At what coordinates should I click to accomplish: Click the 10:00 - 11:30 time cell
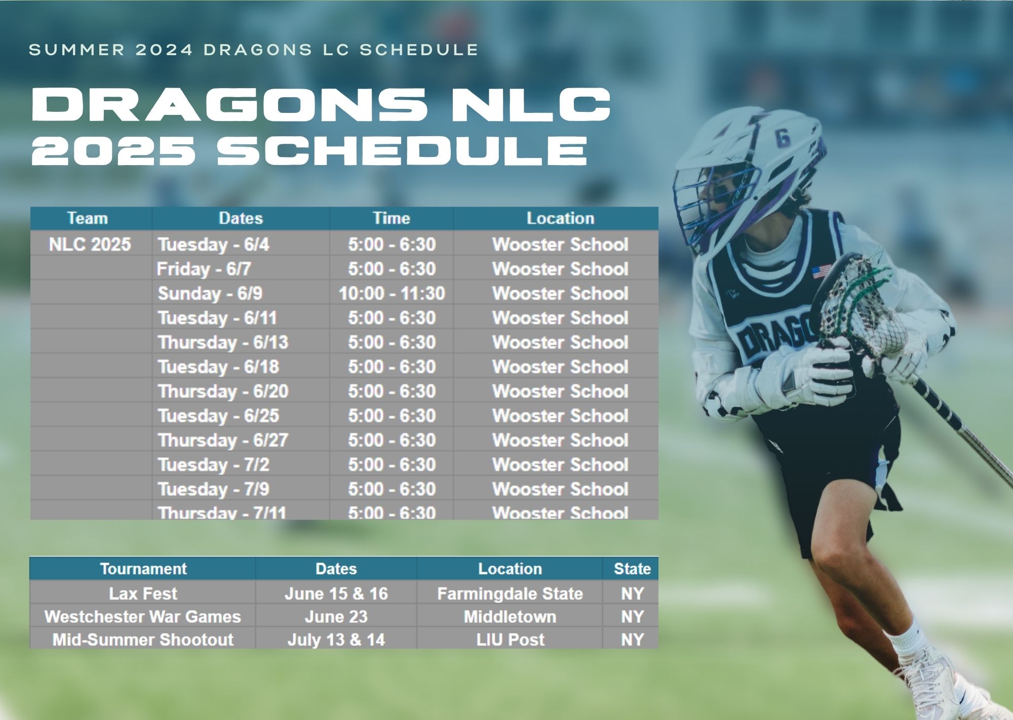(392, 293)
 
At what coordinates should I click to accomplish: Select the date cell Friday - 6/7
(204, 269)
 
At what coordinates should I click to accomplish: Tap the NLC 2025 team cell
(90, 245)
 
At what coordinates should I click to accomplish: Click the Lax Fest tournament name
(143, 593)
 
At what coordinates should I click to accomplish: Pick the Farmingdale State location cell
(510, 593)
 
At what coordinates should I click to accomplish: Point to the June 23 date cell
(336, 617)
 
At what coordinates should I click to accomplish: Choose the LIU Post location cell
(510, 639)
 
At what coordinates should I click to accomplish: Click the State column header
(632, 569)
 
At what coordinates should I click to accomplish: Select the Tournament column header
(143, 569)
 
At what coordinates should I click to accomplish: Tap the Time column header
(392, 218)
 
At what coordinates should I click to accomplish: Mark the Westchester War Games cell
(143, 617)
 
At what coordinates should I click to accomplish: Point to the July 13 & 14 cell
(336, 639)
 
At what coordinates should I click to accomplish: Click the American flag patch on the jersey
(822, 272)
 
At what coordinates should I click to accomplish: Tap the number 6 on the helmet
(783, 137)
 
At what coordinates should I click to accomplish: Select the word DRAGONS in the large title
(229, 104)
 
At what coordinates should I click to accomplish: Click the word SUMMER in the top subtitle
(76, 50)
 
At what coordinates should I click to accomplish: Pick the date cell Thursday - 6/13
(223, 342)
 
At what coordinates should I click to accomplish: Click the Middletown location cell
(510, 617)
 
